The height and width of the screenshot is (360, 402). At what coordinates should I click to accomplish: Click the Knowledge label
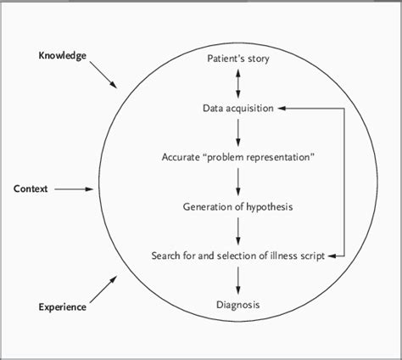(62, 56)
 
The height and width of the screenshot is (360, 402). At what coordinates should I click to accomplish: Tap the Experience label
(62, 307)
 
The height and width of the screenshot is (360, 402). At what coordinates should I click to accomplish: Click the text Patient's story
(237, 59)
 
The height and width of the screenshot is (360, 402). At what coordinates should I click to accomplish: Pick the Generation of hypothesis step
(237, 206)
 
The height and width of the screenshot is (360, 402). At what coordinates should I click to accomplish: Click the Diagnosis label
(237, 304)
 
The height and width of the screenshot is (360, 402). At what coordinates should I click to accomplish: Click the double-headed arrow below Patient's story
(237, 83)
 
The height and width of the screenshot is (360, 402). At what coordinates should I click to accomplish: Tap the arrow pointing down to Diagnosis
(237, 279)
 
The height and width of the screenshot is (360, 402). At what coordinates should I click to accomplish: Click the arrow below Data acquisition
(237, 132)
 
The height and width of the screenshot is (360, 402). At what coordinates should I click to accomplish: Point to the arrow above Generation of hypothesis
(237, 182)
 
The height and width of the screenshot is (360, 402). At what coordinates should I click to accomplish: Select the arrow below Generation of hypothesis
(237, 230)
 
